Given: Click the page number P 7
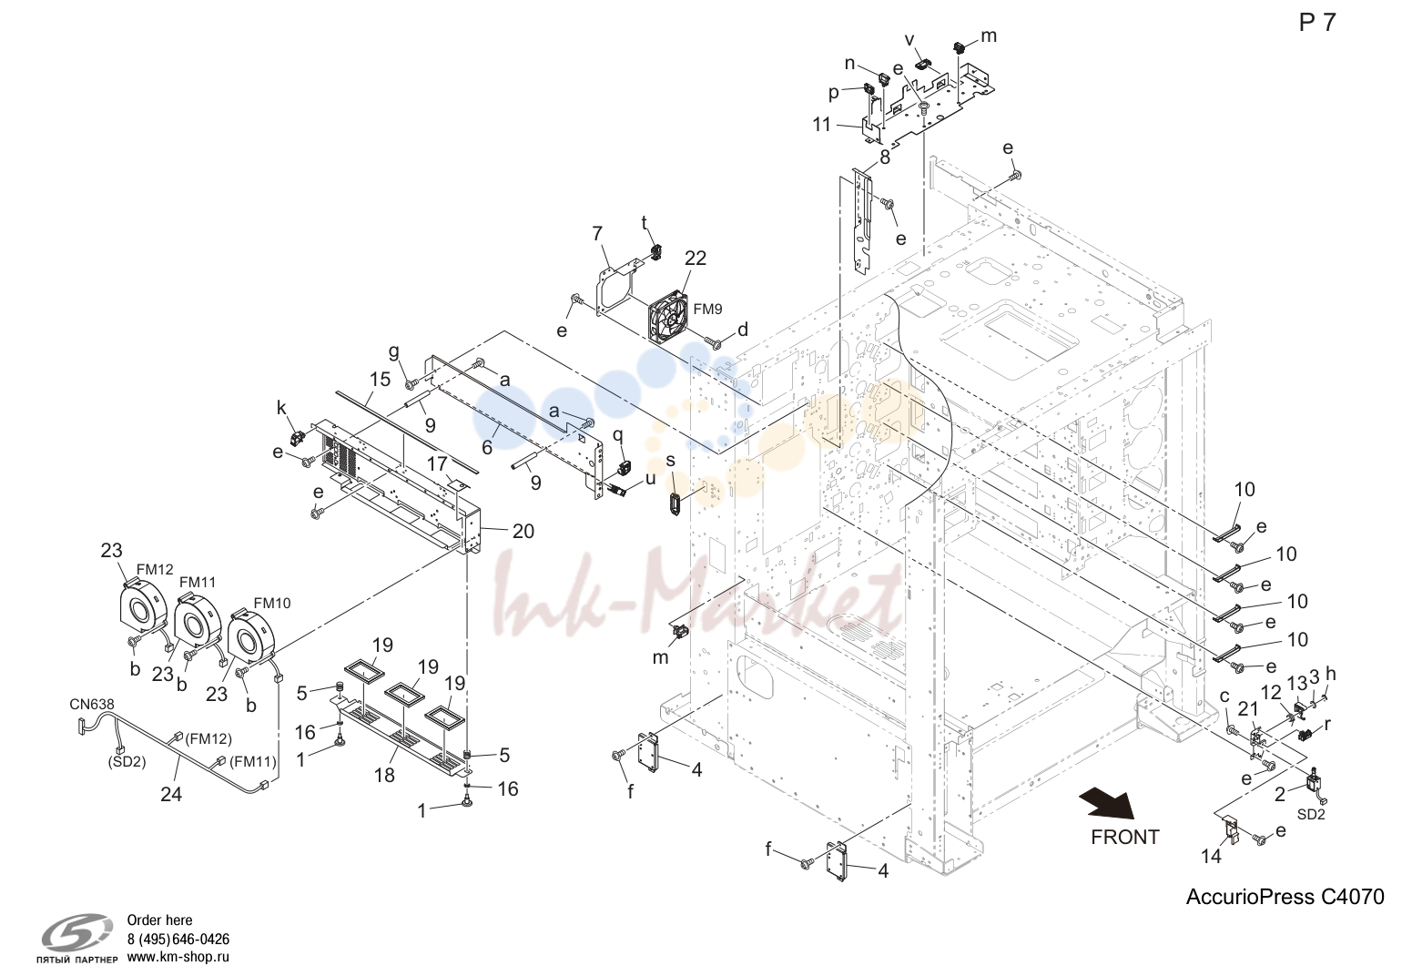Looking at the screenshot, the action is click(1317, 23).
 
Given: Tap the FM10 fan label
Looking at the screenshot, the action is click(271, 603).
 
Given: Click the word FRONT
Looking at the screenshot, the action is click(1124, 837).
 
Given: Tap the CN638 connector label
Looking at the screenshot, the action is click(92, 705).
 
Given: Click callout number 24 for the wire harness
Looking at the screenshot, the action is click(171, 794).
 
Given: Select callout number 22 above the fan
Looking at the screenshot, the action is click(696, 258).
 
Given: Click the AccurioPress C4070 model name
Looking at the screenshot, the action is click(1285, 897).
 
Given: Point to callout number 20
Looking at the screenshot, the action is click(523, 532).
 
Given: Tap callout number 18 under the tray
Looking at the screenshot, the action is click(384, 775).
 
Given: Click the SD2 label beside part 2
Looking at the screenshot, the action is click(1311, 815).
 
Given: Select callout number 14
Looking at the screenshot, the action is click(1211, 857).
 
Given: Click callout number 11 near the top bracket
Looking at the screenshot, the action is click(822, 126).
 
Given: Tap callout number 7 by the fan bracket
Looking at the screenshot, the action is click(597, 233).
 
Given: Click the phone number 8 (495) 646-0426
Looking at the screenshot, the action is click(178, 940).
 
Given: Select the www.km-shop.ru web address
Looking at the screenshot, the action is click(178, 957).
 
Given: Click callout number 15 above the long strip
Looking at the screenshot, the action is click(380, 380).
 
